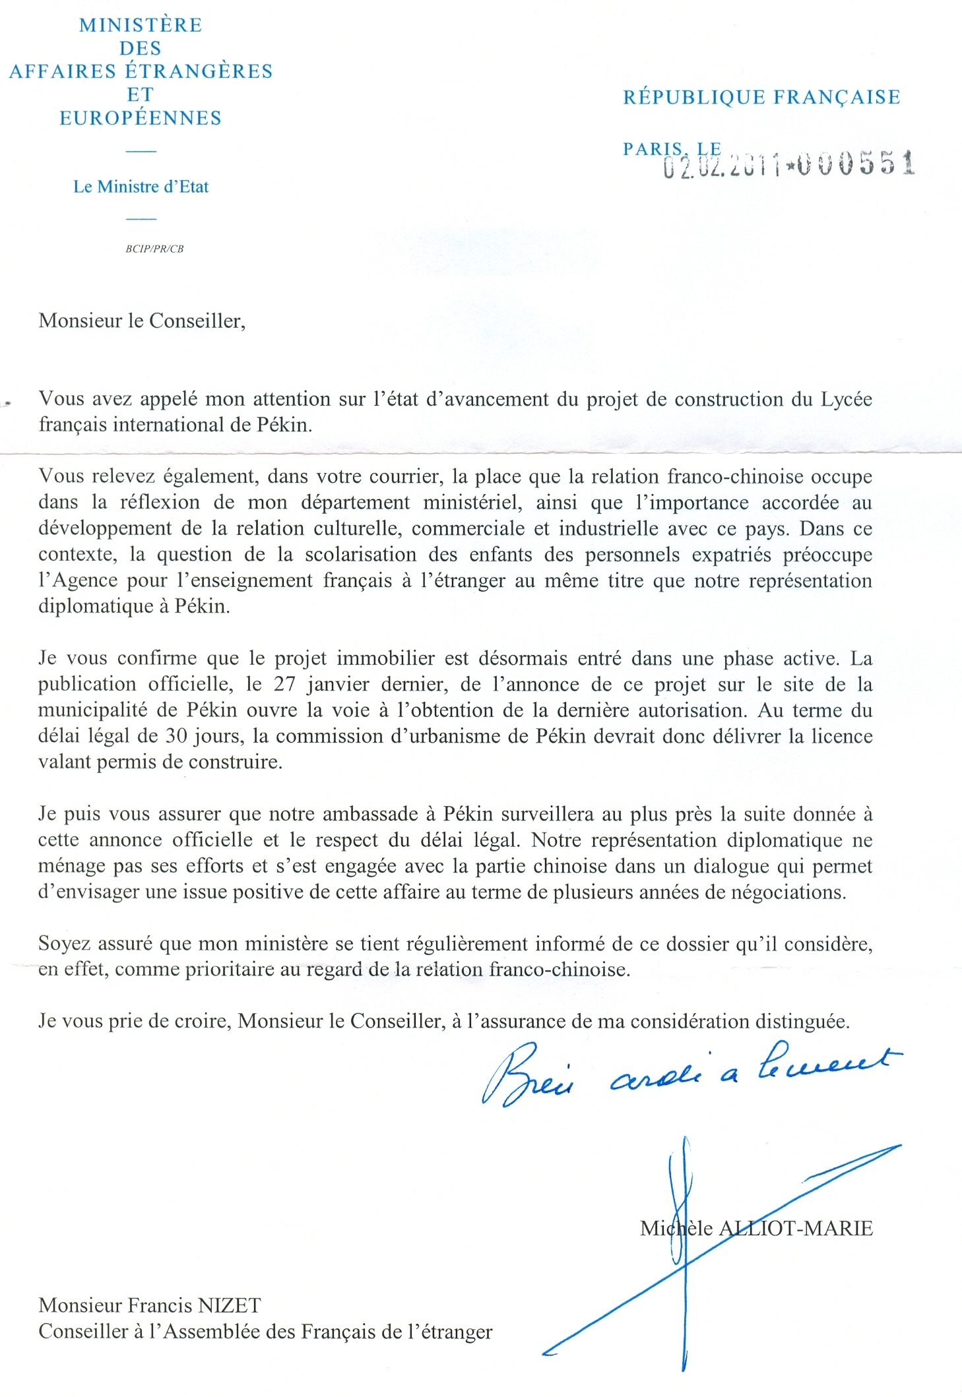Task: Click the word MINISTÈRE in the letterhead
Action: point(141,25)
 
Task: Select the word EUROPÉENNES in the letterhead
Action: point(141,118)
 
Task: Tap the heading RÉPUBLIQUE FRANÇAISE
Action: point(761,98)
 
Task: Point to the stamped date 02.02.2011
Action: point(722,166)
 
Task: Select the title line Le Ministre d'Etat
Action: point(141,187)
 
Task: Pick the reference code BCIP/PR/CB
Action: point(154,249)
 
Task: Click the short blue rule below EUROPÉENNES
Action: point(141,152)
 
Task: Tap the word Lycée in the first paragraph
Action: point(846,399)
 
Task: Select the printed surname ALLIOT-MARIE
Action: point(795,1228)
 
